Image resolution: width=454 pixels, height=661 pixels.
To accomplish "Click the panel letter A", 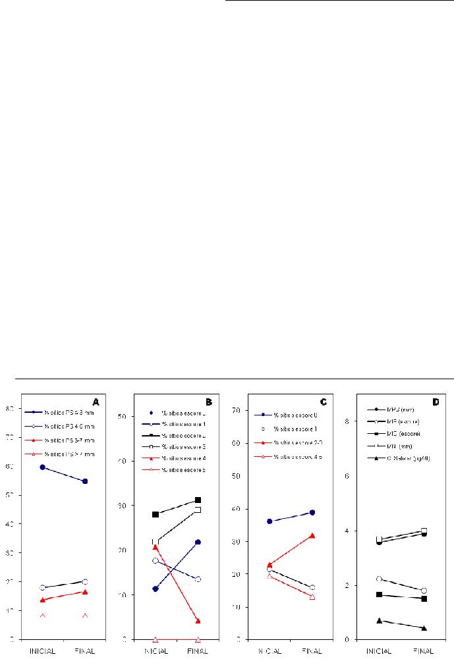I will point(96,401).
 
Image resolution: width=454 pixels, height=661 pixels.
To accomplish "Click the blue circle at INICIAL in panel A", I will point(42,467).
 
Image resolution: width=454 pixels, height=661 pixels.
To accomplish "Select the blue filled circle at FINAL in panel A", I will point(84,481).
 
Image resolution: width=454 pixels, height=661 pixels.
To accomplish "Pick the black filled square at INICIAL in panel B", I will point(155,514).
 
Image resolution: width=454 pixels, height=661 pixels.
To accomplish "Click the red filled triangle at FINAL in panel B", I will point(197,621).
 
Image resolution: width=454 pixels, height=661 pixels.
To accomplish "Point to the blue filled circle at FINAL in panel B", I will point(197,542).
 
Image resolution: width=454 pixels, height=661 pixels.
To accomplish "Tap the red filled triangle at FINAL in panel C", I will point(311,535).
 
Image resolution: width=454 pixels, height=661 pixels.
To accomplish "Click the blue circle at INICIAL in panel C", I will point(269,521).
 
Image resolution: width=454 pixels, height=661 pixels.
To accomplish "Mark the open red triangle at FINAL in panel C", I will point(311,596).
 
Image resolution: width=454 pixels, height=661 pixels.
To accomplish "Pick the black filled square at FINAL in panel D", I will point(424,598).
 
